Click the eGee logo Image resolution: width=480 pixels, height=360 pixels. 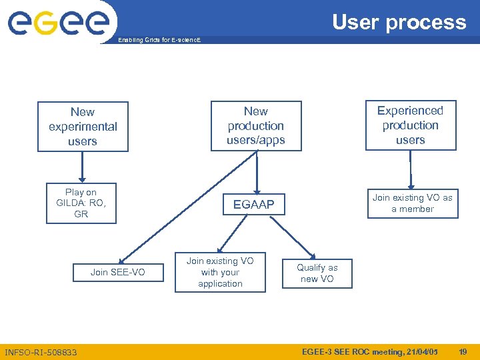click(59, 22)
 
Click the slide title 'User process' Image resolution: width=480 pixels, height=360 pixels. click(399, 22)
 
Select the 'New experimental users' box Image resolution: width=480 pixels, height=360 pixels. click(83, 127)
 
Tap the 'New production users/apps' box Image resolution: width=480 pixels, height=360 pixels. click(256, 125)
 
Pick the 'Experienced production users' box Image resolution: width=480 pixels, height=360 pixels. click(411, 125)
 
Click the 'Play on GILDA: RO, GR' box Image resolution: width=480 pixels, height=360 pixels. click(81, 203)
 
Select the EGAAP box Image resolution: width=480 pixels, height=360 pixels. click(253, 205)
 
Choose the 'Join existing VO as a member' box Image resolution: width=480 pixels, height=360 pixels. click(412, 203)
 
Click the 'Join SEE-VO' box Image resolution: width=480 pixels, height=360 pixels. click(118, 272)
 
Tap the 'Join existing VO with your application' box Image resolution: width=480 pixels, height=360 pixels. click(220, 272)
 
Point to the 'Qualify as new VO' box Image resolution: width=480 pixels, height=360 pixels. click(318, 273)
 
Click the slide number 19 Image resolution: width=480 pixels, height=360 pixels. click(462, 351)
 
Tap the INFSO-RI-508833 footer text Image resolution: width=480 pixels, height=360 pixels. click(41, 352)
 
